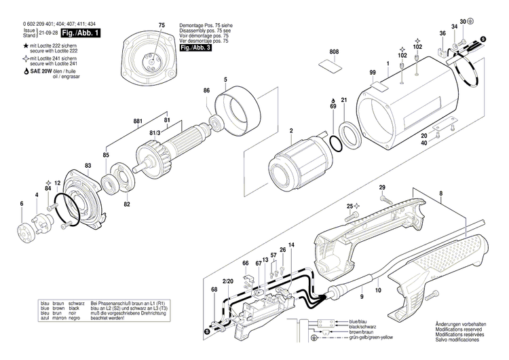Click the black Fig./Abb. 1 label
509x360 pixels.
pos(80,33)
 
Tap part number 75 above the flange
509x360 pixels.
pos(162,25)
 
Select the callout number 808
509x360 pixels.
pos(333,52)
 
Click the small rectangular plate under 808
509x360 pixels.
pos(332,66)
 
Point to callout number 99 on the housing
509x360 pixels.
pos(373,73)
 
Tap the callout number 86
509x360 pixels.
pos(206,90)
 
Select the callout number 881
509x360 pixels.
pos(138,122)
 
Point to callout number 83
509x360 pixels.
pos(88,166)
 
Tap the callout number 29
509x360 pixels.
pos(382,187)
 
